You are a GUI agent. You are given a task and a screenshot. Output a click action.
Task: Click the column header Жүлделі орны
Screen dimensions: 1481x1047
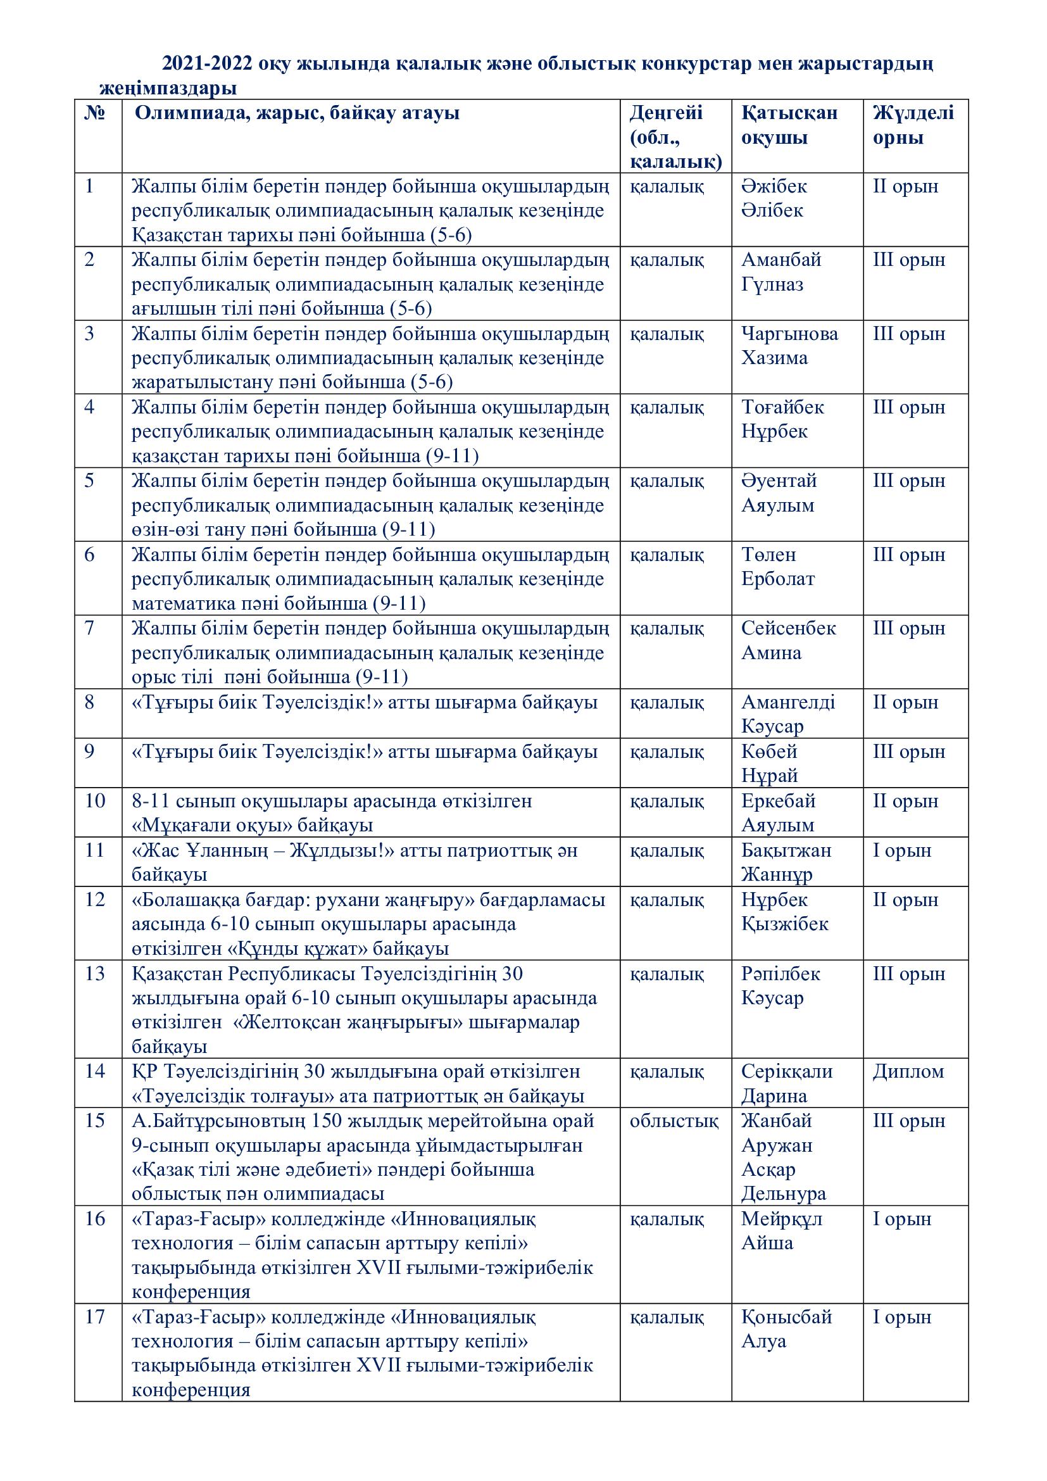point(912,125)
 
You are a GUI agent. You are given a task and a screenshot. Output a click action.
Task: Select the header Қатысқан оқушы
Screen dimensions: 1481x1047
point(789,125)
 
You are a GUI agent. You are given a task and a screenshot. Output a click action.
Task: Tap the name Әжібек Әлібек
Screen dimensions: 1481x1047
point(774,198)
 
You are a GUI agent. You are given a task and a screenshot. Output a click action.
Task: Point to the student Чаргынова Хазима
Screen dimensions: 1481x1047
point(789,346)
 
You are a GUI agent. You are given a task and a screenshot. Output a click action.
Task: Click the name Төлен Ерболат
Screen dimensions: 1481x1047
point(777,566)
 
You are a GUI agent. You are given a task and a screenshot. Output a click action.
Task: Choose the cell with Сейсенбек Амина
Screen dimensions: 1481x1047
point(788,640)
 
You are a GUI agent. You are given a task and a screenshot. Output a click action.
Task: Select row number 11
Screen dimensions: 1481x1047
point(94,850)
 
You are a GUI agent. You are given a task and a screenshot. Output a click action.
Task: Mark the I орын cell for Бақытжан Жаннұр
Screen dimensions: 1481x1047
point(902,850)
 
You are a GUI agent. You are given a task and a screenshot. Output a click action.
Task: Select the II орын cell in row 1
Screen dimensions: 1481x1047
point(905,186)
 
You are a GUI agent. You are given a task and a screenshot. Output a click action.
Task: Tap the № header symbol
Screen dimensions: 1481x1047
point(95,113)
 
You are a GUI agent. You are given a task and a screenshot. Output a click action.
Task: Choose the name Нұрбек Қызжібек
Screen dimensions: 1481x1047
point(784,911)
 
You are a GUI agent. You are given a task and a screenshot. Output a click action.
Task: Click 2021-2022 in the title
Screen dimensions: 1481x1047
point(207,64)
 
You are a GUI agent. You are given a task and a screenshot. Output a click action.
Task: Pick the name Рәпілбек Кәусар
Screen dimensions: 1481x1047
point(780,986)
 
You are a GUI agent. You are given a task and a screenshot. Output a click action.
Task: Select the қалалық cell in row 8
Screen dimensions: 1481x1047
point(667,702)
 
